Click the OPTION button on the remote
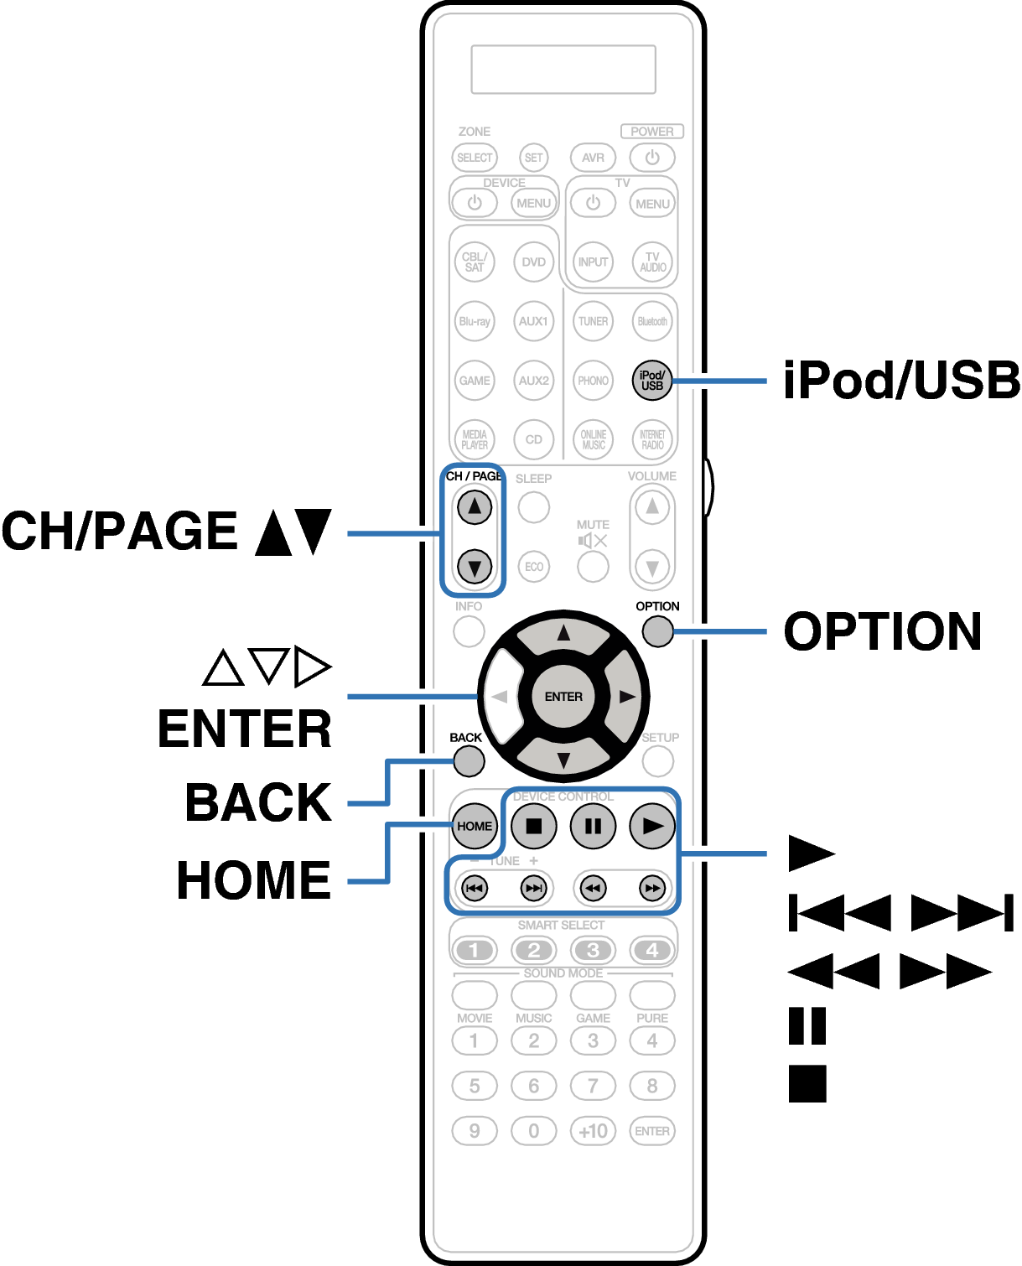click(658, 631)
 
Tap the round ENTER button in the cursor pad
click(563, 697)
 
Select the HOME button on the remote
click(475, 826)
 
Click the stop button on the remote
click(534, 826)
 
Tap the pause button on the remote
click(593, 826)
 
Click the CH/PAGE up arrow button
click(475, 506)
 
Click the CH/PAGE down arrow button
click(475, 567)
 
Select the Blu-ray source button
click(475, 321)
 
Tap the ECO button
click(534, 567)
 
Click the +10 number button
click(593, 1131)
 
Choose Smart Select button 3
click(593, 950)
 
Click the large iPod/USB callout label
click(901, 381)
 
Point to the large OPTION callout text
click(883, 631)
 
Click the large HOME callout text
click(254, 880)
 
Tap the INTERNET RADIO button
click(652, 439)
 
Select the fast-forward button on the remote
click(652, 888)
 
